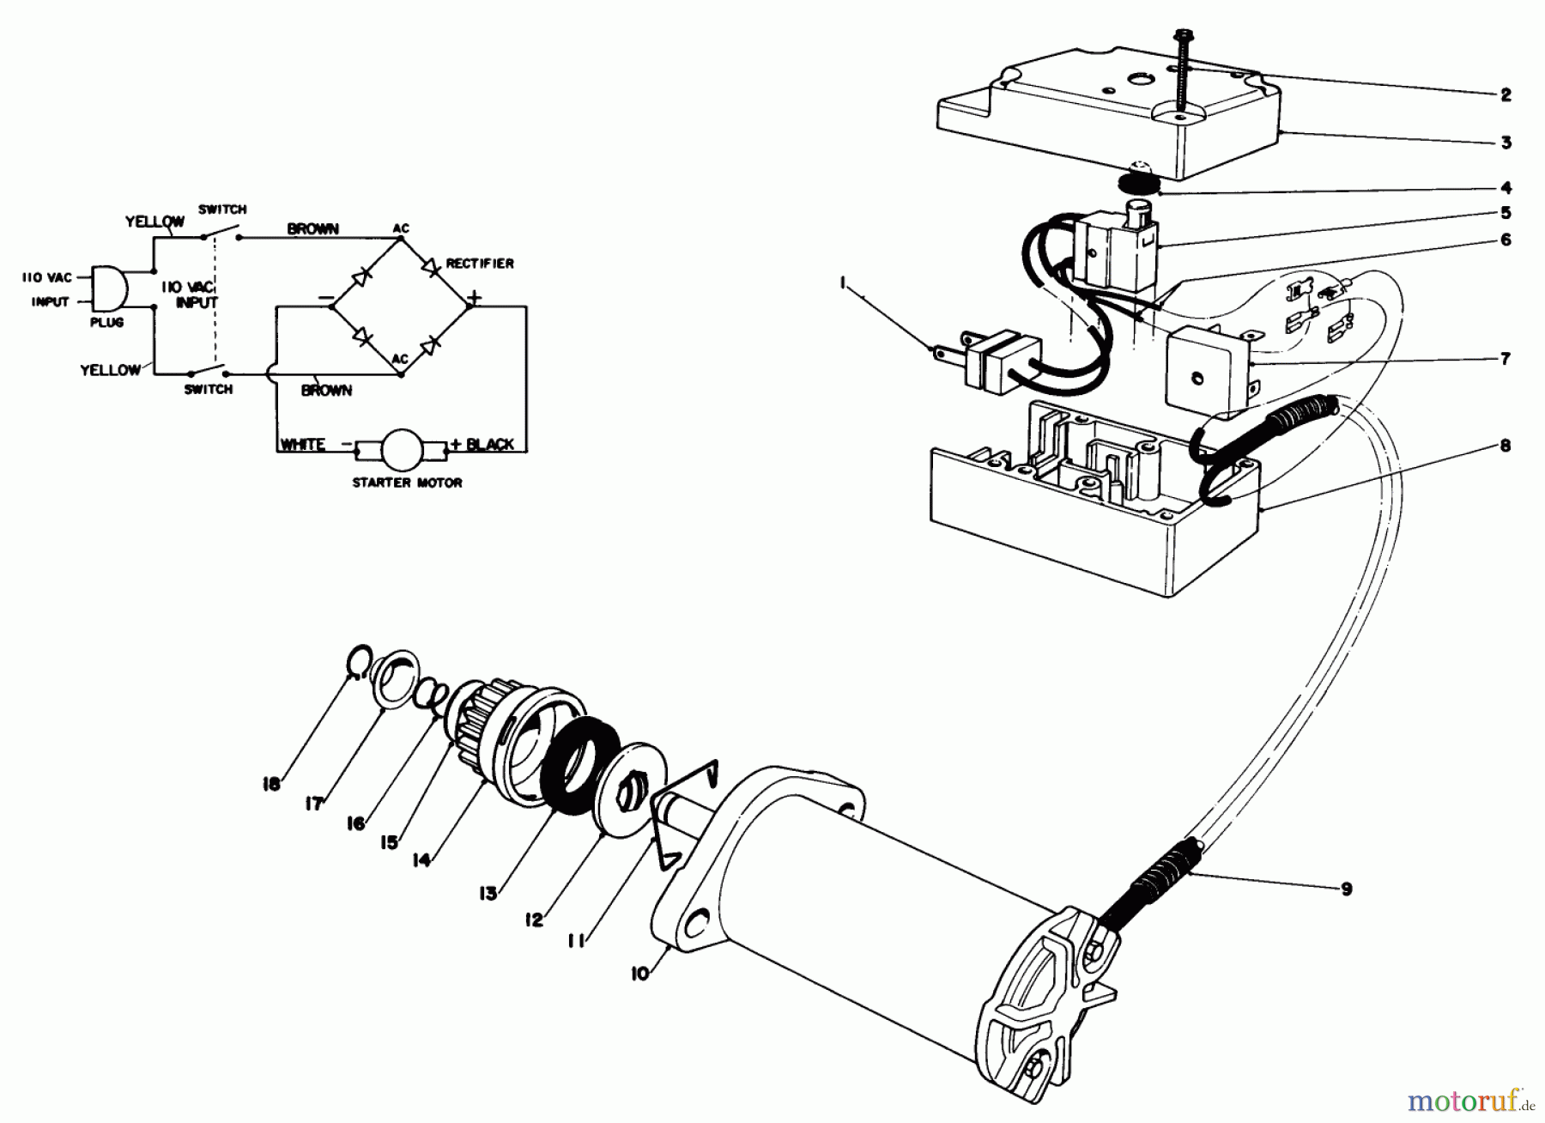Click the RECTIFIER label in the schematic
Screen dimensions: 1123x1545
coord(480,264)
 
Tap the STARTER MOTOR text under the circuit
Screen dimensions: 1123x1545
coord(407,483)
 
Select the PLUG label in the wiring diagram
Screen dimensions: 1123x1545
coord(107,322)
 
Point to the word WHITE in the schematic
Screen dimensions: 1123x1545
coord(302,445)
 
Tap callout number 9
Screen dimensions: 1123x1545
coord(1346,889)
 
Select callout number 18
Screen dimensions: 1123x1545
coord(272,784)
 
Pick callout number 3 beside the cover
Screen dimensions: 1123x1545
coord(1506,143)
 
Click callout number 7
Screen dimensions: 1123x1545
coord(1506,359)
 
